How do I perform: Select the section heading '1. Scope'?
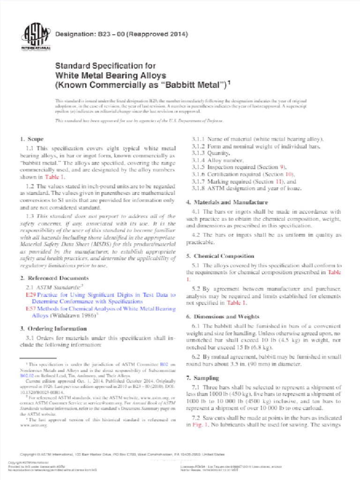click(32, 139)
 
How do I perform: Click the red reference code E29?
click(30, 295)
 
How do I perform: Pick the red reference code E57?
click(30, 309)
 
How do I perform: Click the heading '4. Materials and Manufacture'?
click(227, 202)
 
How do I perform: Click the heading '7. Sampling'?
click(202, 377)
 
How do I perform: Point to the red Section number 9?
click(282, 167)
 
